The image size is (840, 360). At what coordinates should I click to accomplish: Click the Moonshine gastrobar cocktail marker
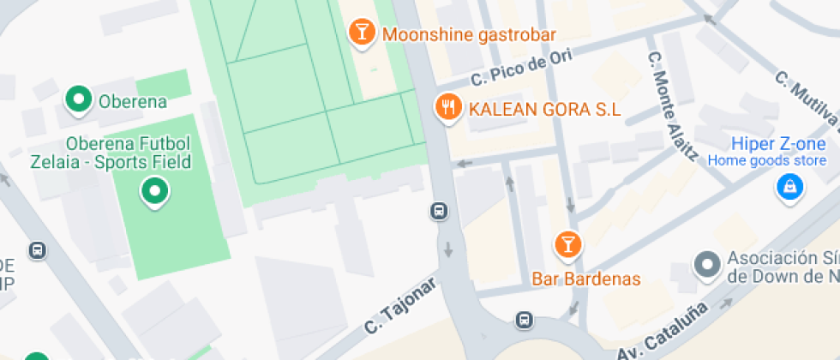363,33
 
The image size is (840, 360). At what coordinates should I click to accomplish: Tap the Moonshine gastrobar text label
469,35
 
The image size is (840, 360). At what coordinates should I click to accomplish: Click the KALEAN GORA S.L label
543,109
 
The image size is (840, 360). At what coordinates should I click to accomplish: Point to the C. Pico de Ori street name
521,66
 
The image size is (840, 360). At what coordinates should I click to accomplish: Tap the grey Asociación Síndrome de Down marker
706,265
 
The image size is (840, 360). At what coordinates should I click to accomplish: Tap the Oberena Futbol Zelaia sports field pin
155,191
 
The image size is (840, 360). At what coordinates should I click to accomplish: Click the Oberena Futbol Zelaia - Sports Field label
129,153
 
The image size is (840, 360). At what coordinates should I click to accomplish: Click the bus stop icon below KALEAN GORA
439,210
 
